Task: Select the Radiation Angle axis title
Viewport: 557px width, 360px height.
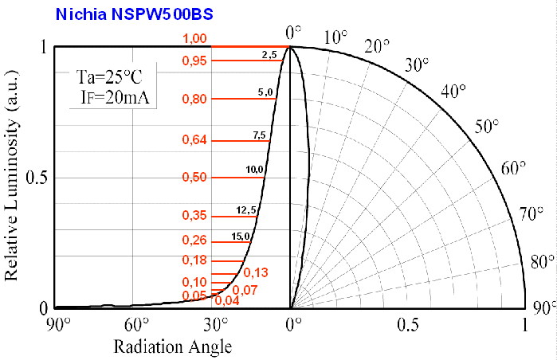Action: (173, 346)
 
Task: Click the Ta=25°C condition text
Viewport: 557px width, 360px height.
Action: (109, 77)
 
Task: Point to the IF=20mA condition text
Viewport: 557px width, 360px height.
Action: (115, 99)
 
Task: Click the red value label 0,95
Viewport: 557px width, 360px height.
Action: (194, 61)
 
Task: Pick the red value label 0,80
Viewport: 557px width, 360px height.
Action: (194, 99)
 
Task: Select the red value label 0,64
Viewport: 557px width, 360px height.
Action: (194, 141)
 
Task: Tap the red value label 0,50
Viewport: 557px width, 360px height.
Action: (194, 177)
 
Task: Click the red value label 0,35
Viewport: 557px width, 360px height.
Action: (194, 216)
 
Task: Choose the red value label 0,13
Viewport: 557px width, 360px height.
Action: (255, 272)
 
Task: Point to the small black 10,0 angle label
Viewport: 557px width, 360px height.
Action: (255, 170)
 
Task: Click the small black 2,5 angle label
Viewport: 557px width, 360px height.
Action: (269, 54)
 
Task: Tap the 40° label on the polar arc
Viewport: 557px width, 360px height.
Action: (453, 91)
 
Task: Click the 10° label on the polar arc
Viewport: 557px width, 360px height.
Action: (336, 37)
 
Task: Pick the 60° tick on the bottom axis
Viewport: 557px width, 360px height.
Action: (136, 325)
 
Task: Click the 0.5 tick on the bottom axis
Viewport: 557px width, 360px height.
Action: (408, 325)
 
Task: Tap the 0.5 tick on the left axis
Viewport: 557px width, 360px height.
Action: (37, 177)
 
